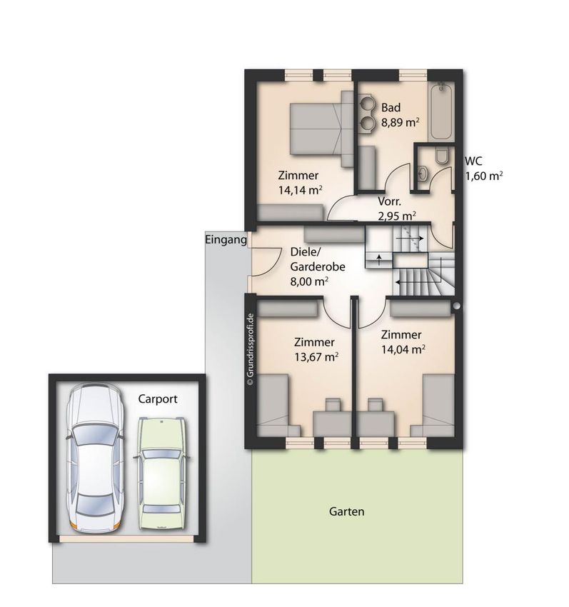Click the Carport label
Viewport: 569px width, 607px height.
pos(158,399)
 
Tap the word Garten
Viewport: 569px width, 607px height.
pos(346,511)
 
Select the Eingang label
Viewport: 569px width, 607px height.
pos(226,240)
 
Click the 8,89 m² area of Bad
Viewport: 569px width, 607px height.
pos(401,123)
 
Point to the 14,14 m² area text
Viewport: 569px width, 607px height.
pos(301,190)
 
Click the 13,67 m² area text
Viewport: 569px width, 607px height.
pos(316,356)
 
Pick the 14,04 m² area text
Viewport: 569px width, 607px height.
pos(403,350)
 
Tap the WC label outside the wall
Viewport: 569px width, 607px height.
pos(473,161)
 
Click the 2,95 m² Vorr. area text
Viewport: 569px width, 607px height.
pos(397,216)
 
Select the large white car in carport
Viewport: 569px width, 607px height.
pos(95,458)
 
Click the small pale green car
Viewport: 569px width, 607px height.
pos(161,473)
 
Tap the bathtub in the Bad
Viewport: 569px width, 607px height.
pos(441,112)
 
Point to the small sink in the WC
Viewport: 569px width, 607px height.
pos(423,174)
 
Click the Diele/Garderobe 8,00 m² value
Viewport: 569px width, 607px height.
pos(309,281)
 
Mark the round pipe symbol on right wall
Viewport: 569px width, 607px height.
pos(457,306)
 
